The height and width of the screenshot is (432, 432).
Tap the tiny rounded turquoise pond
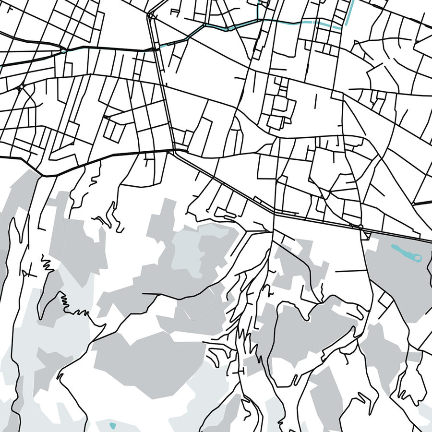[113, 425]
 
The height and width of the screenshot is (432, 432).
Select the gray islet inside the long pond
[417, 258]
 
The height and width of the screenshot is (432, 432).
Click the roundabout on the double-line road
[360, 226]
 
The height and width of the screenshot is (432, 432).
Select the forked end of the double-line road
[151, 16]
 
